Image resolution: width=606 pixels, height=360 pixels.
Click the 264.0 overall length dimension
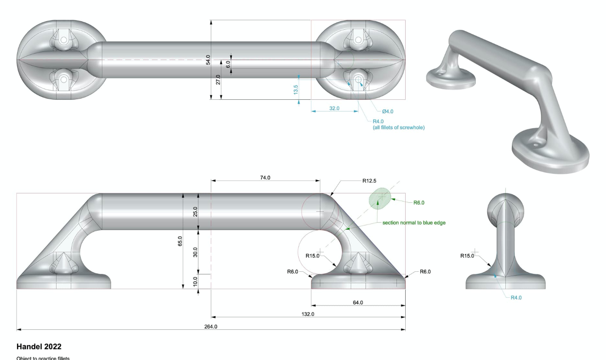pyautogui.click(x=211, y=327)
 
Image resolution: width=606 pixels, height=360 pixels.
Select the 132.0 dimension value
pyautogui.click(x=308, y=314)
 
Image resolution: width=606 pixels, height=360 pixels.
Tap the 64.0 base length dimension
pyautogui.click(x=358, y=302)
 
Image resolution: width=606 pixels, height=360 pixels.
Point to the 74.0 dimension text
pyautogui.click(x=265, y=178)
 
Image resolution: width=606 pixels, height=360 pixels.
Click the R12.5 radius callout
pyautogui.click(x=369, y=181)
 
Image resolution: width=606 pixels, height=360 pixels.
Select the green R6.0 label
pyautogui.click(x=419, y=203)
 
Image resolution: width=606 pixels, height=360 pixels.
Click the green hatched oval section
pyautogui.click(x=380, y=199)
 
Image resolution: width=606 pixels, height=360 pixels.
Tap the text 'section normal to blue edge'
pyautogui.click(x=414, y=223)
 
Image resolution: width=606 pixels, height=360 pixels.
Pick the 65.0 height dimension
pyautogui.click(x=180, y=241)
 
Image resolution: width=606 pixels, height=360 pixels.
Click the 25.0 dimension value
pyautogui.click(x=196, y=212)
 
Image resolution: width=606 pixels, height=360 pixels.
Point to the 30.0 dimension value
pyautogui.click(x=196, y=252)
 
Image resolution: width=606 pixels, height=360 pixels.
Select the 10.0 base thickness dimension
pyautogui.click(x=196, y=281)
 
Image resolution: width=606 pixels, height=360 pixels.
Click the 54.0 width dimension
pyautogui.click(x=208, y=60)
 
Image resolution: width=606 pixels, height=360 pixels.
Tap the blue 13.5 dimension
pyautogui.click(x=296, y=89)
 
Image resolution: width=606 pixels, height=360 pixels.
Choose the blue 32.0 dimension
pyautogui.click(x=334, y=108)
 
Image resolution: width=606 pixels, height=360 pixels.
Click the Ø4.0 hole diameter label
pyautogui.click(x=387, y=112)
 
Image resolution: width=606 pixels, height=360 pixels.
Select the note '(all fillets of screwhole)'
pyautogui.click(x=398, y=127)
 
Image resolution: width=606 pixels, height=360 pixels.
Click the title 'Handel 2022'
pyautogui.click(x=39, y=347)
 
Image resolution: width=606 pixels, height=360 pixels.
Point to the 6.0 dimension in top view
pyautogui.click(x=228, y=64)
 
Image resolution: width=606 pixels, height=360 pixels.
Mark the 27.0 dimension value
pyautogui.click(x=218, y=80)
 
